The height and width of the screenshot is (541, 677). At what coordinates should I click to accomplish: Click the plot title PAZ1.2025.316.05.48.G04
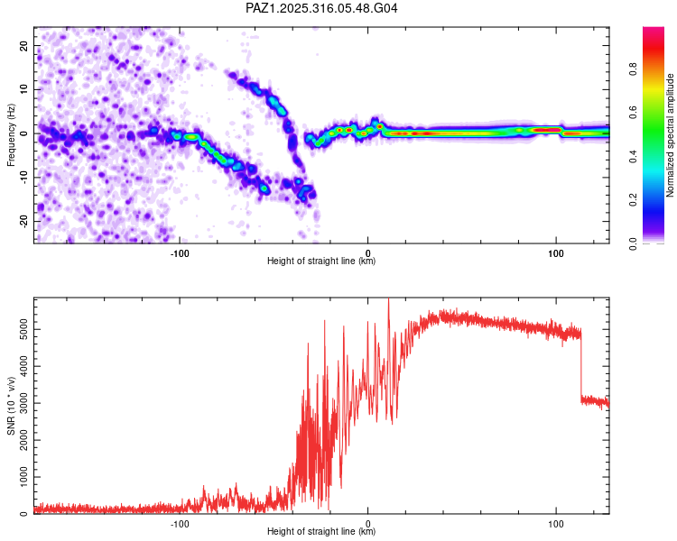(x=322, y=8)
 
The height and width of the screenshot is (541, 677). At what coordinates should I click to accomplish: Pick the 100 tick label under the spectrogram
(x=556, y=252)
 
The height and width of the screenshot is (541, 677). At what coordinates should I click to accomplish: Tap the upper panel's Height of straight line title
(x=321, y=261)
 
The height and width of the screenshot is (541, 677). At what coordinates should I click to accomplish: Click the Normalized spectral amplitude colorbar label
(x=671, y=135)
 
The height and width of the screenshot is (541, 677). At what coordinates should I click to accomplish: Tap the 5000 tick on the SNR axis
(x=18, y=330)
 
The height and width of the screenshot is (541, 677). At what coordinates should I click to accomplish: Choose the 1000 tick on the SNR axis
(x=18, y=477)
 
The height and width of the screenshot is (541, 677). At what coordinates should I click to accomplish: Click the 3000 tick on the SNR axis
(x=18, y=404)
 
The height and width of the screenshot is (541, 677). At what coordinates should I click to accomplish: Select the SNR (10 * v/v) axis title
(x=11, y=406)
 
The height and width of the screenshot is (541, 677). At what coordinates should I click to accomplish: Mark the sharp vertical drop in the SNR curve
(x=580, y=365)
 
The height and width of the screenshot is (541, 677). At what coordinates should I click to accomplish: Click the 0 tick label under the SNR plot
(x=367, y=523)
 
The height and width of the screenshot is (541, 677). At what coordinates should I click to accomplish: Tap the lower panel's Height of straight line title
(x=321, y=532)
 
